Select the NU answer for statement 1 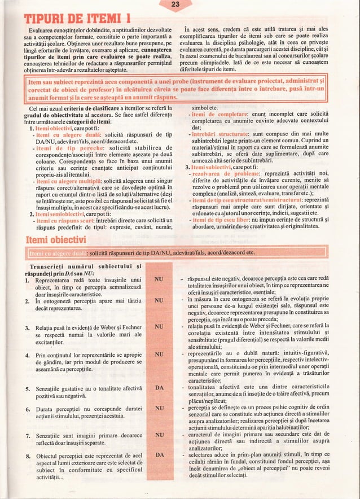point(159,280)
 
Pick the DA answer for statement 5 point(159,388)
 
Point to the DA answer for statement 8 point(159,454)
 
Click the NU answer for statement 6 point(159,407)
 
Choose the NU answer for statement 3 point(159,326)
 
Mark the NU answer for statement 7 point(159,435)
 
